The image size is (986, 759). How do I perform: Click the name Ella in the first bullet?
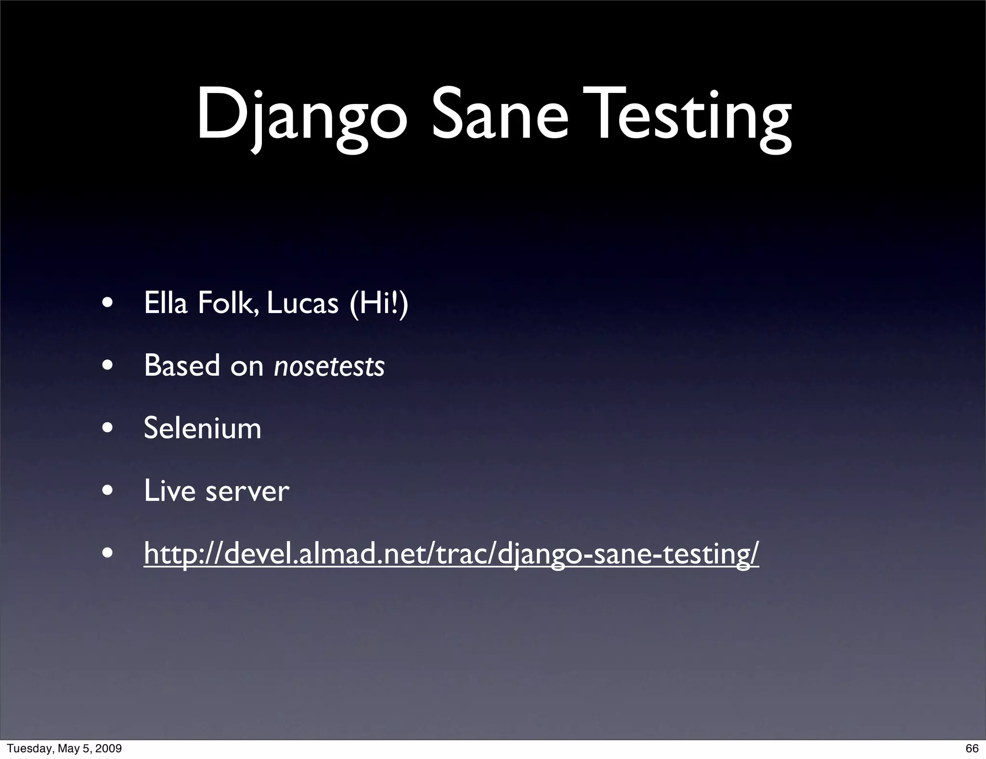(165, 303)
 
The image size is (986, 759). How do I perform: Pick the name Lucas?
(302, 303)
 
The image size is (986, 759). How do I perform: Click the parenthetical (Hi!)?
(379, 303)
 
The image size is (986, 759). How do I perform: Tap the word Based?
(182, 366)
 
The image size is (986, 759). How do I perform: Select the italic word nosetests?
(329, 366)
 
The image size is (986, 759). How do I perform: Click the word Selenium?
(202, 428)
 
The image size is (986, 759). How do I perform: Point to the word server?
(247, 492)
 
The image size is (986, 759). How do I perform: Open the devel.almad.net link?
(451, 553)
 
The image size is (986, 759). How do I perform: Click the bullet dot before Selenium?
(108, 428)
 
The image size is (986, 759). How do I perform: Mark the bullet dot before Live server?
(108, 491)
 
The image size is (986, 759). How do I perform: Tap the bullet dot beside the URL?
(108, 553)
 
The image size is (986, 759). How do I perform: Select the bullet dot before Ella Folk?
(108, 303)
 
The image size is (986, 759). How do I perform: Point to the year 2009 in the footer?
(109, 748)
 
